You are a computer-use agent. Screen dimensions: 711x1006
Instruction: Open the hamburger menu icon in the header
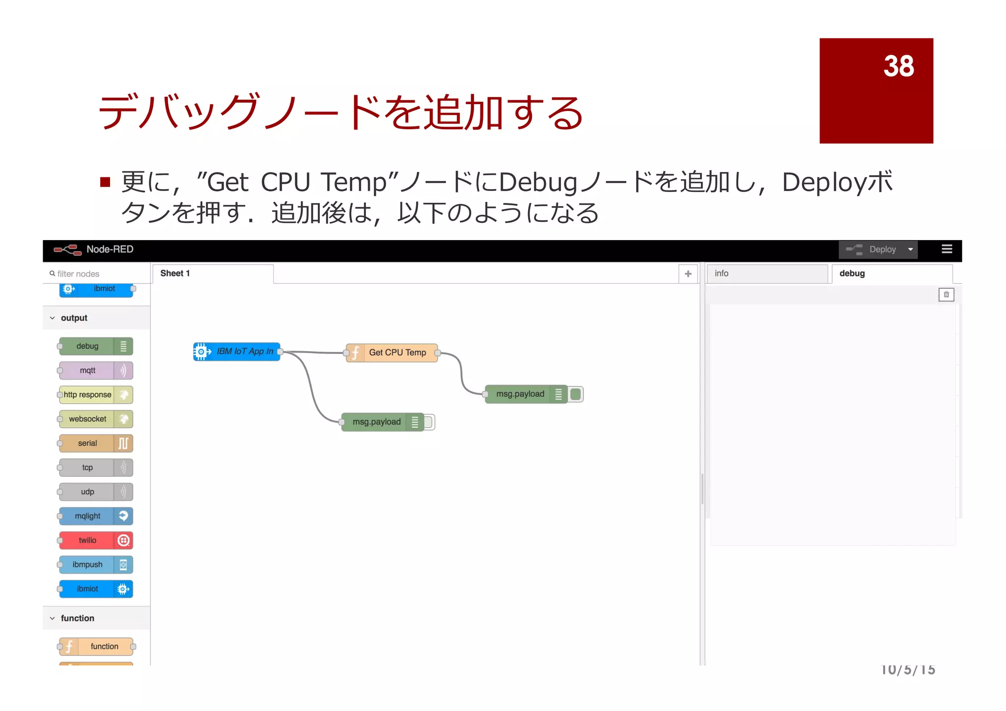[947, 249]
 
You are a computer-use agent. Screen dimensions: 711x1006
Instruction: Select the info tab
[766, 273]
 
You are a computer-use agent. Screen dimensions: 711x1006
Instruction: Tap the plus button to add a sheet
[688, 274]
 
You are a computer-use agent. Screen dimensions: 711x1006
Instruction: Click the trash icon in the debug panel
[946, 295]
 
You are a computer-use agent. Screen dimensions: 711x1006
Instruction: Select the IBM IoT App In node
[237, 352]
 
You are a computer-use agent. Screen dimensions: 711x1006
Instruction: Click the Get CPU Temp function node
[391, 353]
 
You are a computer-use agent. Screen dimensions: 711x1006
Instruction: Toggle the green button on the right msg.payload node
[576, 394]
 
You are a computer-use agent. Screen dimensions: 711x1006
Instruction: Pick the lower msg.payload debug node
[377, 422]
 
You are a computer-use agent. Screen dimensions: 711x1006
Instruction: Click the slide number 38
[898, 66]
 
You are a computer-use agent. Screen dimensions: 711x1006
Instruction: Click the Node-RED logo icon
[68, 249]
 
